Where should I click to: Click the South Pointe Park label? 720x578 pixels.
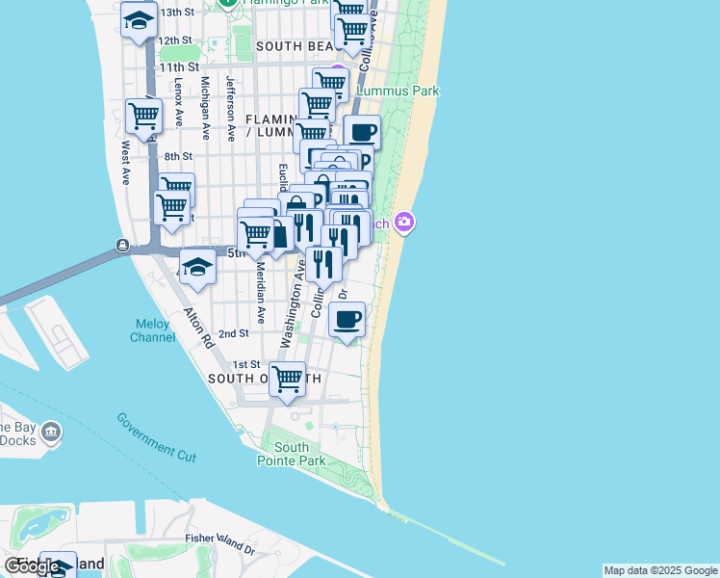click(291, 454)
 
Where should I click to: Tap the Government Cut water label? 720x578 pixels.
click(156, 436)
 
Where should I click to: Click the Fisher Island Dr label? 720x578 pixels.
click(219, 544)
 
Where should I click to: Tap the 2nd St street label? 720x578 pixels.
click(234, 333)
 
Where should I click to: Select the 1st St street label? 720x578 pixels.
click(246, 364)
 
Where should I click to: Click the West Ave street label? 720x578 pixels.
click(126, 163)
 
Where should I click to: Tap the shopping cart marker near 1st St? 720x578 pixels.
click(288, 379)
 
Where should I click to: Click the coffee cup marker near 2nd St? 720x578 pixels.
click(347, 319)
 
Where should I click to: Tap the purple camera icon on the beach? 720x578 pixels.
click(404, 223)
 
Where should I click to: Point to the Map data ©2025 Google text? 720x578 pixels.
click(660, 570)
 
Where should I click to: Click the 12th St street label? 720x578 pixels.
click(176, 40)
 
